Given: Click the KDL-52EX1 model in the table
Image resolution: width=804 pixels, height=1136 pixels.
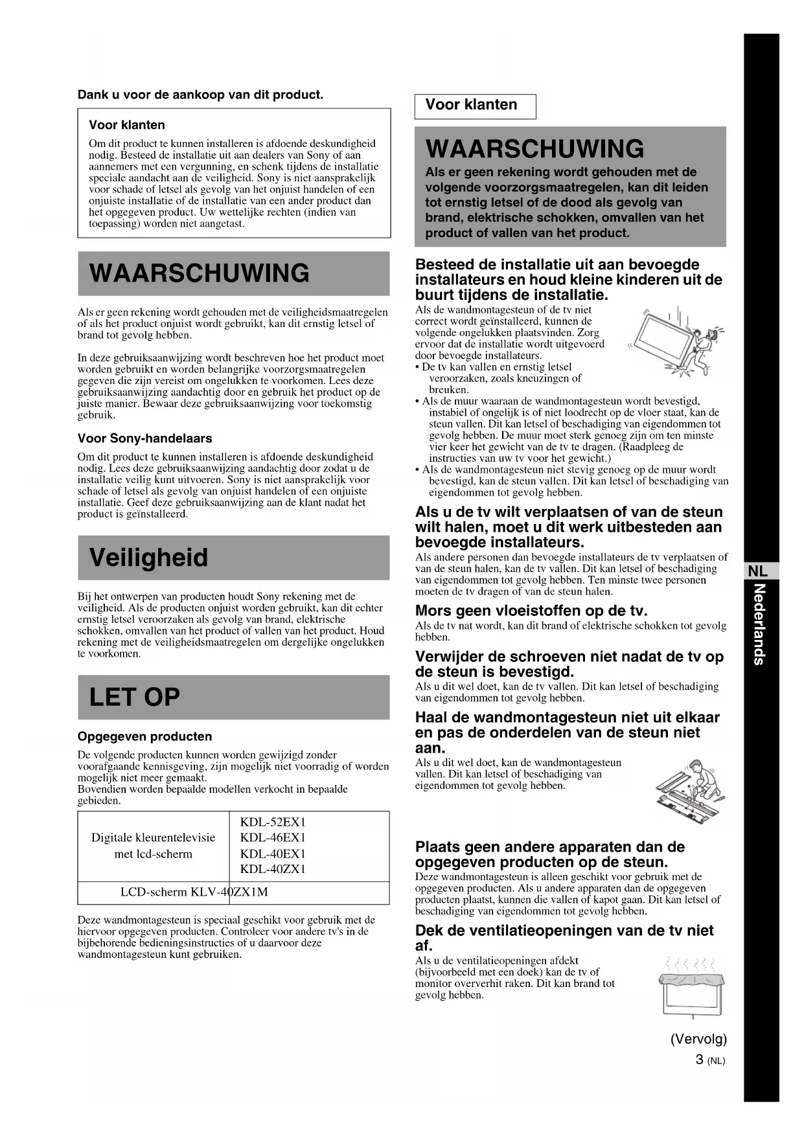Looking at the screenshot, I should (x=272, y=822).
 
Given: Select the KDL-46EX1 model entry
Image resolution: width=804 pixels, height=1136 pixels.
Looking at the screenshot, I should (x=272, y=837).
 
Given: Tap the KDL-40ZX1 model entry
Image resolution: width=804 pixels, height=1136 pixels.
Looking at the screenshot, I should (x=272, y=869).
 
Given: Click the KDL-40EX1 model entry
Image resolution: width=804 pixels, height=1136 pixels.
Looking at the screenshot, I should (x=272, y=854).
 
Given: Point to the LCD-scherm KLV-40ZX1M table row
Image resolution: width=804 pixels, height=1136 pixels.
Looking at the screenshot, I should (x=194, y=892).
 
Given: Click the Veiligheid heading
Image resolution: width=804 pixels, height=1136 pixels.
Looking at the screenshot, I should (x=149, y=558).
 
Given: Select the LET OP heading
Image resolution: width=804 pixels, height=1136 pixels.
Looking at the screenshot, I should (x=135, y=697).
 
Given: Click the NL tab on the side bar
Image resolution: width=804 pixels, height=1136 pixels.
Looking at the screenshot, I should (x=757, y=571).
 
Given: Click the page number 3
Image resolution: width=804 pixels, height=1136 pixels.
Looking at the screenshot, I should (x=700, y=1060).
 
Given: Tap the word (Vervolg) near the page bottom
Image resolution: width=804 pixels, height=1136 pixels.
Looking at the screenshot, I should (x=698, y=1039).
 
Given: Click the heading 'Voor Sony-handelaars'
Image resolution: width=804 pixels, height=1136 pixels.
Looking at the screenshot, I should (x=144, y=438).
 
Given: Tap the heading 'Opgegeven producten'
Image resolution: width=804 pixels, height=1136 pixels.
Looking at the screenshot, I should (x=144, y=736).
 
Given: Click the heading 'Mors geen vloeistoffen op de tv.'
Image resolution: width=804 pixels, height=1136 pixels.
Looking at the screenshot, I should (x=531, y=611).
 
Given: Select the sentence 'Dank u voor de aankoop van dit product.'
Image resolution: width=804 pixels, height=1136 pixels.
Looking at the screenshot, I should (x=200, y=95).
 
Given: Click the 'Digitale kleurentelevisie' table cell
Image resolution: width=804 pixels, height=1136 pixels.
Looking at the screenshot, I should (x=154, y=845).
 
